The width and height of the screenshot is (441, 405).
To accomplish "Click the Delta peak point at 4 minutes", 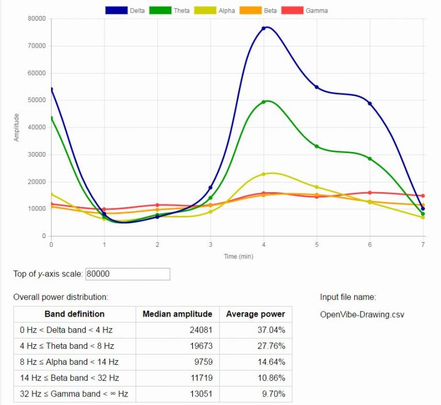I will tap(264, 28).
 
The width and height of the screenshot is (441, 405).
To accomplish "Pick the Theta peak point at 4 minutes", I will tap(264, 102).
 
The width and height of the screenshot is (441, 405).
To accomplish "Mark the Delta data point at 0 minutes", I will tap(51, 89).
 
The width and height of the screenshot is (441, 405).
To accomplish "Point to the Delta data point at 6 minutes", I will tap(370, 103).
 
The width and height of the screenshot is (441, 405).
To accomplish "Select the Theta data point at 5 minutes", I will tap(316, 146).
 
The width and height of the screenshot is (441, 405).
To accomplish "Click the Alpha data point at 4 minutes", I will tap(264, 174).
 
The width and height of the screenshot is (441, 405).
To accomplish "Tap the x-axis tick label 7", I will tap(423, 244).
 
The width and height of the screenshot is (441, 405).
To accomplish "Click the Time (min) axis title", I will tap(238, 256).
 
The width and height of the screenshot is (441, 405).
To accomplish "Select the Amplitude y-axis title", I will tap(17, 127).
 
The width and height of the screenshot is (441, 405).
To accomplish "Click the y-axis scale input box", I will tap(127, 274).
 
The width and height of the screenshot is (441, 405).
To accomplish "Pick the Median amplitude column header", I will tap(177, 314).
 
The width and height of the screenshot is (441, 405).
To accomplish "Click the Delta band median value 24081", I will tap(200, 330).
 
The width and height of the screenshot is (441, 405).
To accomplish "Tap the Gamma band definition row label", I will tap(73, 394).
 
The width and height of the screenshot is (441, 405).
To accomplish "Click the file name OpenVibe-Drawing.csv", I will tap(362, 314).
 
